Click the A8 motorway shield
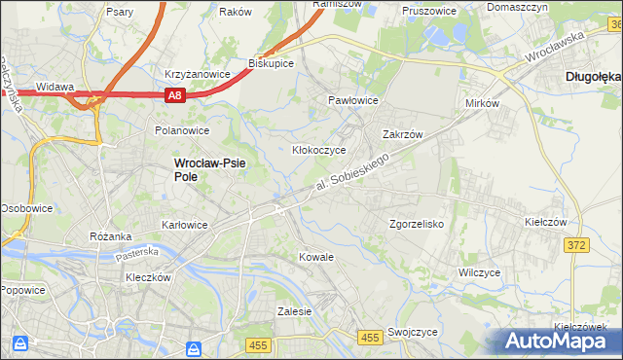pyautogui.click(x=174, y=95)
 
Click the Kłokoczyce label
pyautogui.click(x=319, y=150)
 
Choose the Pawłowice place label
pyautogui.click(x=352, y=100)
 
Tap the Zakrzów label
pyautogui.click(x=400, y=135)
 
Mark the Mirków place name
pyautogui.click(x=483, y=101)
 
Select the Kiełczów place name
pyautogui.click(x=545, y=222)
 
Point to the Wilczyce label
pyautogui.click(x=479, y=272)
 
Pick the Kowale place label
pyautogui.click(x=316, y=257)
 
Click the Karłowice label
pyautogui.click(x=185, y=225)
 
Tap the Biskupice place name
pyautogui.click(x=272, y=62)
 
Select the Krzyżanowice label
pyautogui.click(x=197, y=74)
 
